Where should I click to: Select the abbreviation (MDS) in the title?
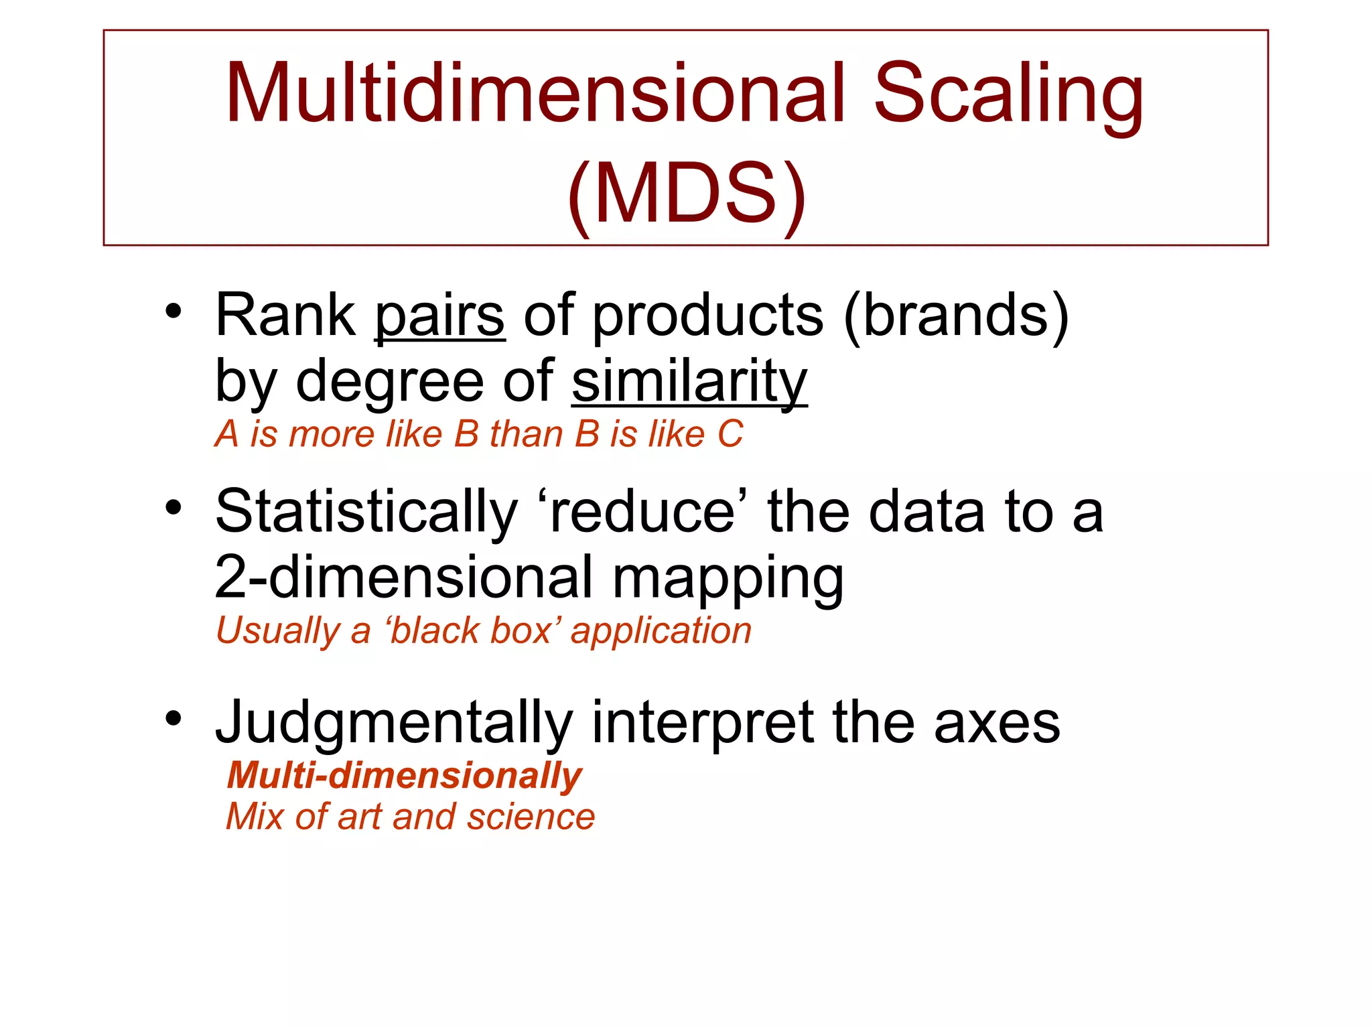click(x=687, y=194)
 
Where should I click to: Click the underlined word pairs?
click(x=439, y=316)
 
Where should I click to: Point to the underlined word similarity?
click(x=689, y=382)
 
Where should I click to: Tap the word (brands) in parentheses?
click(x=956, y=316)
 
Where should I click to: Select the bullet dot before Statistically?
click(x=174, y=508)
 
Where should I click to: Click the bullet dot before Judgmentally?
click(x=174, y=719)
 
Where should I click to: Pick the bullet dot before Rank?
click(x=174, y=312)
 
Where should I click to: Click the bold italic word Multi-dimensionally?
click(x=405, y=776)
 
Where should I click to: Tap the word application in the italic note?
click(x=661, y=632)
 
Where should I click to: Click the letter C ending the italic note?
click(x=730, y=434)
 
